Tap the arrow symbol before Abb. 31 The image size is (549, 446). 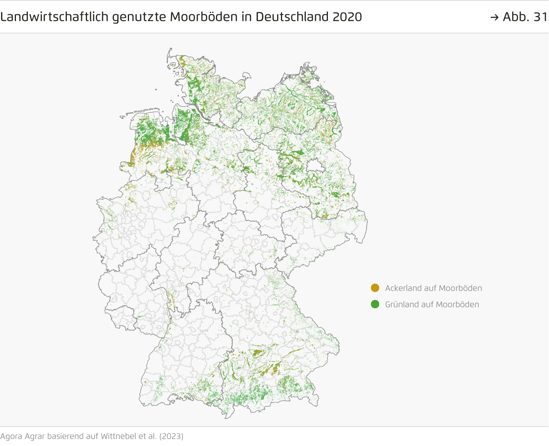click(x=494, y=17)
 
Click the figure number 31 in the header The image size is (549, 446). click(x=540, y=17)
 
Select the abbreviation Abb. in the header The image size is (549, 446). click(x=516, y=17)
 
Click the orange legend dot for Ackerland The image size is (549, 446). click(x=375, y=288)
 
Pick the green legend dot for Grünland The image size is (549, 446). click(x=375, y=304)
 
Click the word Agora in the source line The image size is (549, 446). click(x=11, y=436)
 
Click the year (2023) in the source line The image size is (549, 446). click(x=171, y=436)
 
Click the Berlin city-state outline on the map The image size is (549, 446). click(x=315, y=167)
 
